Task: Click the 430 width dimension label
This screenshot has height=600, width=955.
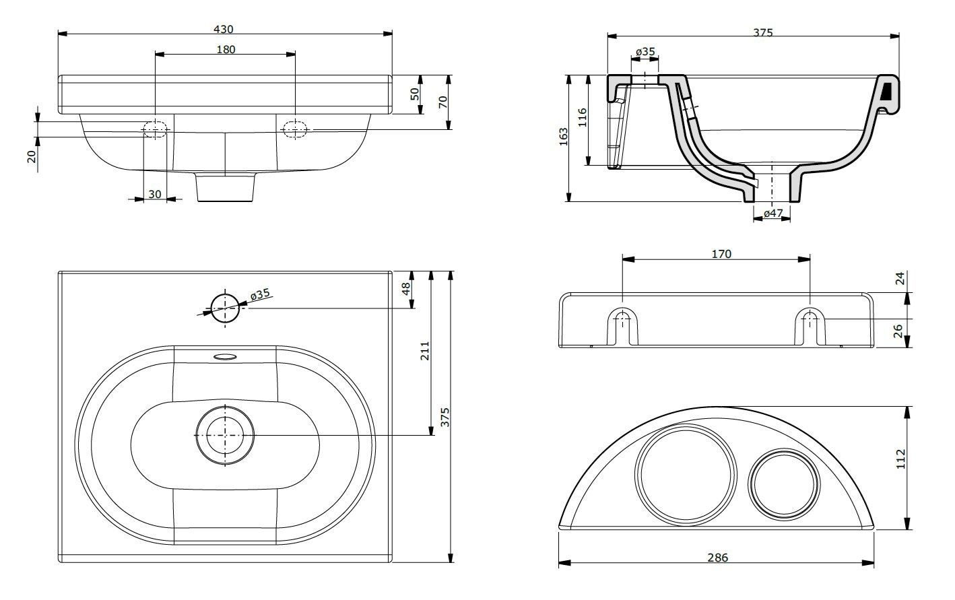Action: tap(224, 29)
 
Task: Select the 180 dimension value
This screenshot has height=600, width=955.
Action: tap(226, 49)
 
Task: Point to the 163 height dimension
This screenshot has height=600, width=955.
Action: tap(564, 136)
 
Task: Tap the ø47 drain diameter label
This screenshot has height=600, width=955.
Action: tap(772, 213)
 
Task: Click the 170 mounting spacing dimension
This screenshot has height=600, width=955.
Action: tap(721, 254)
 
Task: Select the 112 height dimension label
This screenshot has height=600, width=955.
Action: tap(900, 458)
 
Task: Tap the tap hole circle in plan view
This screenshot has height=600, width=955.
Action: tap(225, 308)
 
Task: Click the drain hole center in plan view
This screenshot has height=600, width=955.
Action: tap(225, 435)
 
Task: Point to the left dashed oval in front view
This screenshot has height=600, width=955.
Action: tap(155, 128)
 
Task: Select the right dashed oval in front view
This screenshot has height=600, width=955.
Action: tap(295, 128)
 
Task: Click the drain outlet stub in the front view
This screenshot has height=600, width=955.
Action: tap(226, 188)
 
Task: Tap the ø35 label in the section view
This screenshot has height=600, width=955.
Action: tap(645, 52)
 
